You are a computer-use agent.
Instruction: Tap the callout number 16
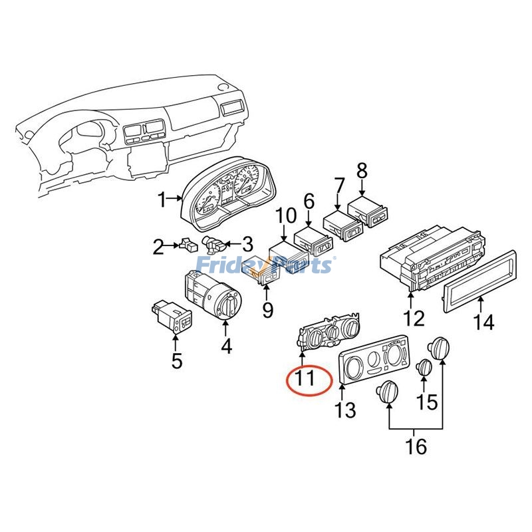[416, 446]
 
